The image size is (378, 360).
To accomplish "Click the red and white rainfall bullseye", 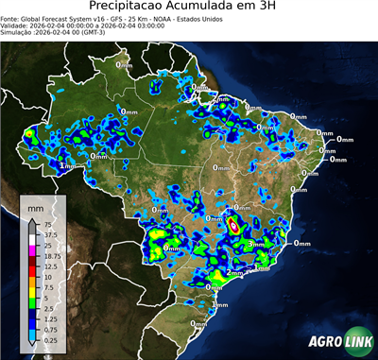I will tap(232, 226).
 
